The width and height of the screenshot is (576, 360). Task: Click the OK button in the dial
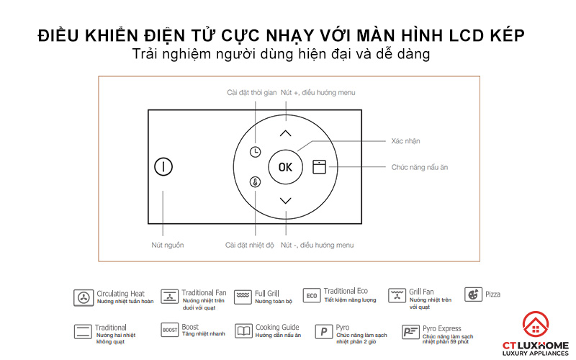click(x=286, y=167)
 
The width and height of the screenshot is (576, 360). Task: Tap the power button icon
click(x=163, y=167)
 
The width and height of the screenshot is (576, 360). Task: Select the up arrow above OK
click(x=286, y=133)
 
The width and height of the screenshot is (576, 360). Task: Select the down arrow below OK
click(x=286, y=200)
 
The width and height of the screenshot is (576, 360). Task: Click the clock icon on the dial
click(x=256, y=152)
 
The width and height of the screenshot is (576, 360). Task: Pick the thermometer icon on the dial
click(x=256, y=182)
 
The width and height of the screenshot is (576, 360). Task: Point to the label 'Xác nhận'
click(x=406, y=141)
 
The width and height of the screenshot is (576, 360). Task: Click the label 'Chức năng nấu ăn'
click(x=420, y=167)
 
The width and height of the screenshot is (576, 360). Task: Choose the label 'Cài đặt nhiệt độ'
click(x=250, y=246)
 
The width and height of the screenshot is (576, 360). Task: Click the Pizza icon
click(x=473, y=294)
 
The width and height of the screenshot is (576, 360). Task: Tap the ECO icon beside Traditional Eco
click(x=311, y=295)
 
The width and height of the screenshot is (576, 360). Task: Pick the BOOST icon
click(x=169, y=330)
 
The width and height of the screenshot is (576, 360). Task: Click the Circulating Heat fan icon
click(x=84, y=297)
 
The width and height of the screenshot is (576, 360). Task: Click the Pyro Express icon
click(x=410, y=332)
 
